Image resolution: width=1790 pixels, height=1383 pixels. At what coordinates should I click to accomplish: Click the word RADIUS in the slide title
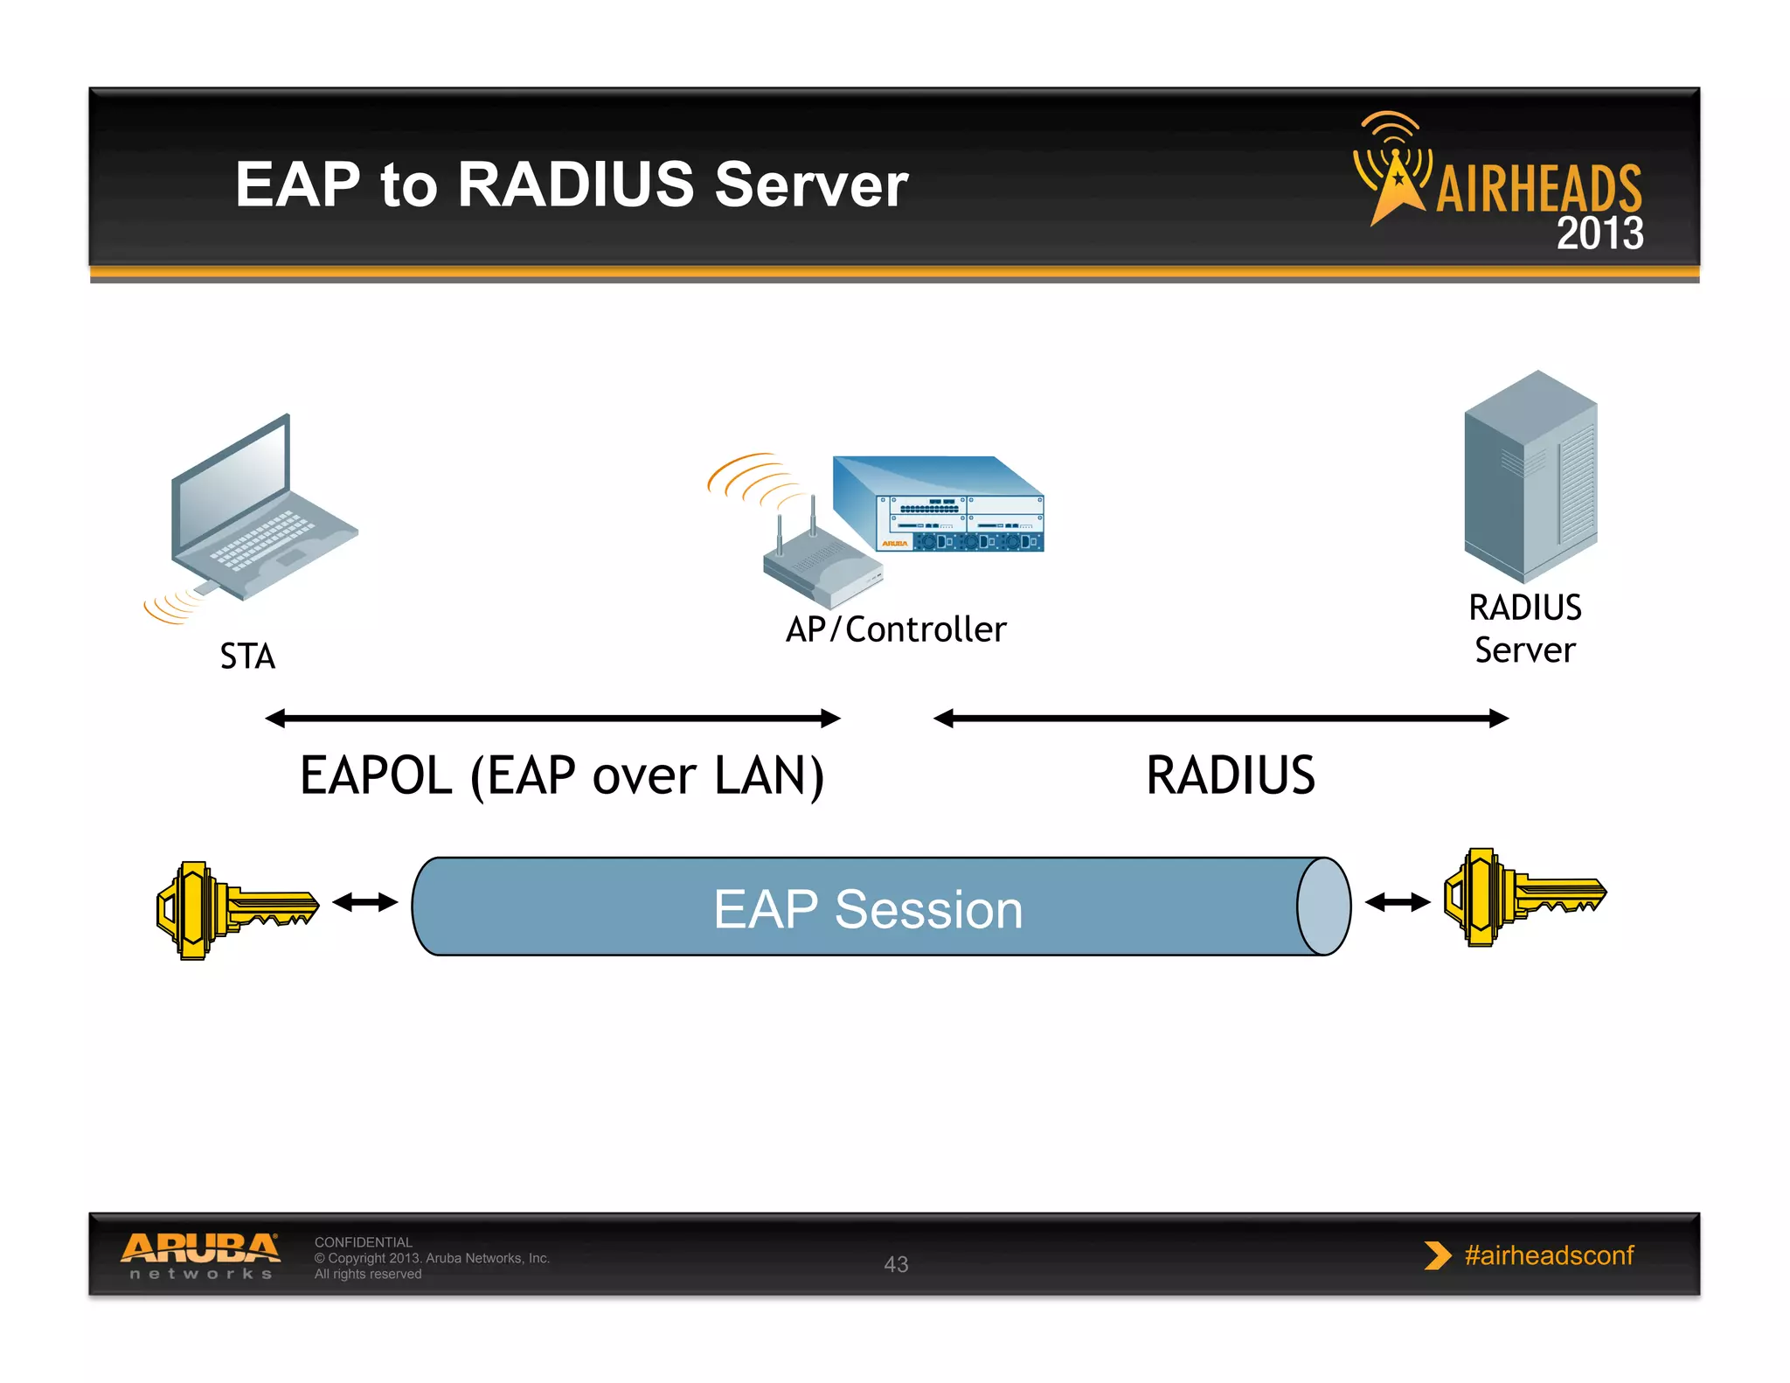click(575, 185)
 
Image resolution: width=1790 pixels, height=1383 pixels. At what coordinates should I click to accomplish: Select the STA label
click(247, 657)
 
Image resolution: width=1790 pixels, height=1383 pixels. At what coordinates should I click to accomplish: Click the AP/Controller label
click(896, 629)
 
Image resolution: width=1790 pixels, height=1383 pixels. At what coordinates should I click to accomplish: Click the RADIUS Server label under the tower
click(1525, 629)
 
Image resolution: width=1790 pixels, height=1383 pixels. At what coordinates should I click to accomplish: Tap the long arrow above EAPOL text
click(552, 719)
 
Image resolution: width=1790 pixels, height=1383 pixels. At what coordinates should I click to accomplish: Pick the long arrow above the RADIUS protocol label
click(1221, 719)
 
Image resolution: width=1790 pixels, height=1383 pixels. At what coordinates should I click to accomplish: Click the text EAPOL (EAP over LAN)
click(562, 775)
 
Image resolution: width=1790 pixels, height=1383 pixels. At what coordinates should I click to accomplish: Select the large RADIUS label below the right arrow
click(1230, 775)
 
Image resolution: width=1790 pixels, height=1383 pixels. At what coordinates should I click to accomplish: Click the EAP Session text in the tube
click(868, 909)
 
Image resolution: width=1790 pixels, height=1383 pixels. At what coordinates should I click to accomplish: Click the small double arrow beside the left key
click(365, 902)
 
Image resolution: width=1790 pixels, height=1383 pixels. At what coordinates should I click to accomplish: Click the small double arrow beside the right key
click(1397, 902)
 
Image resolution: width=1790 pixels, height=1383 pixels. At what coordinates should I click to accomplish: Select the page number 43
click(896, 1264)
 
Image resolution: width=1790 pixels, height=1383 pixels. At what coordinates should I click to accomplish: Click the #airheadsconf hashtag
click(1548, 1255)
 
